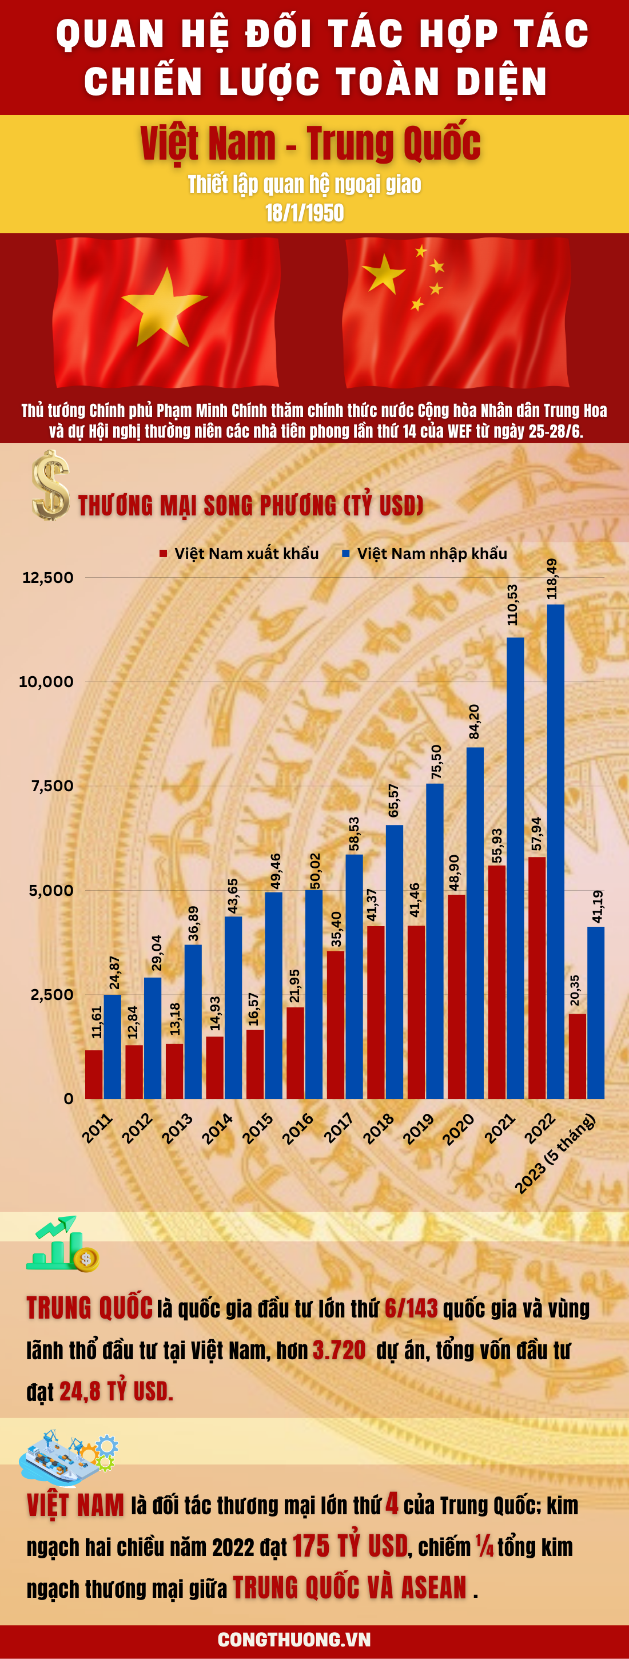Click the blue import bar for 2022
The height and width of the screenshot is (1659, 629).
pyautogui.click(x=556, y=851)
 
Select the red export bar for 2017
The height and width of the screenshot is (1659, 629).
pyautogui.click(x=336, y=1024)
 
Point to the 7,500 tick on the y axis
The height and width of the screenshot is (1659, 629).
pyautogui.click(x=52, y=785)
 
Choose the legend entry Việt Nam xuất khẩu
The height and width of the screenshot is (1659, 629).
pyautogui.click(x=240, y=553)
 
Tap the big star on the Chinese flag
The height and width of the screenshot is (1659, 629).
pyautogui.click(x=384, y=273)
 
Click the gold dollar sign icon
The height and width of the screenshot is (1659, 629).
pyautogui.click(x=50, y=486)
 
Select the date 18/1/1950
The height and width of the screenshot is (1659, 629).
pyautogui.click(x=305, y=213)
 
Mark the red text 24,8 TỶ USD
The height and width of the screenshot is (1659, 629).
pyautogui.click(x=116, y=1391)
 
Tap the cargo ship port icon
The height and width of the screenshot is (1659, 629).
pyautogui.click(x=67, y=1458)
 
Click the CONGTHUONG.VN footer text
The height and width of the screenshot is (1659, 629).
pyautogui.click(x=294, y=1639)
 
